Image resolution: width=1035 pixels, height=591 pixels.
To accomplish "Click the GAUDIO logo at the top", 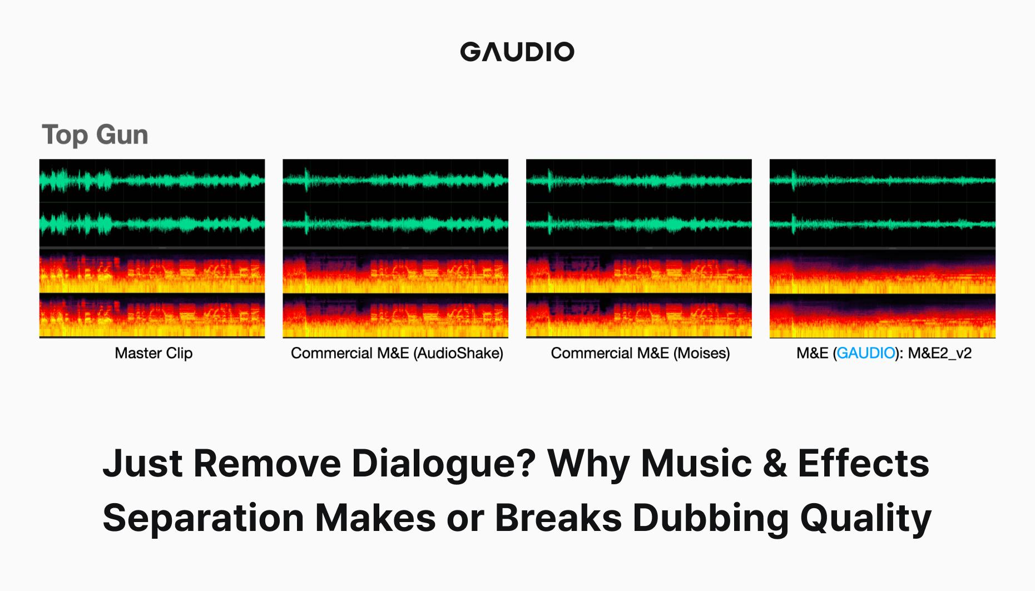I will (517, 52).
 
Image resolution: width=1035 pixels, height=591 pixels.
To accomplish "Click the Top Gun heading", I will (95, 135).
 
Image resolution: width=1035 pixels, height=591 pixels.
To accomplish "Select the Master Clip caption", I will (153, 353).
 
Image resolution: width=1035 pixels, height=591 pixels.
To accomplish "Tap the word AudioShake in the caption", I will (458, 353).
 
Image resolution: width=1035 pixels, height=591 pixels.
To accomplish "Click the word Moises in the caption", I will (701, 353).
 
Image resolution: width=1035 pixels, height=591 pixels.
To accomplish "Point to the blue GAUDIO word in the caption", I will (865, 353).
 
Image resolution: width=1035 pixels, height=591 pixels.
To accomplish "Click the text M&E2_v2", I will (939, 353).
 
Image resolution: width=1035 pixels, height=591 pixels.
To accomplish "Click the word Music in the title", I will (696, 463).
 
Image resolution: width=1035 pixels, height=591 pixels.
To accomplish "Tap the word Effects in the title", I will (863, 463).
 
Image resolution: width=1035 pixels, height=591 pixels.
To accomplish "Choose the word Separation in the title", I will (203, 518).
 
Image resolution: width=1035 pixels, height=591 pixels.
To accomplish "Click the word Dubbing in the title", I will (710, 518).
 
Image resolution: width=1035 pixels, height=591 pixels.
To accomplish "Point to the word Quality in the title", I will (865, 518).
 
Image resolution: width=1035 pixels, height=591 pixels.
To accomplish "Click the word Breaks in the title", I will (558, 518).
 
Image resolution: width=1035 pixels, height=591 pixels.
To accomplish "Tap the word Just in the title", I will (142, 463).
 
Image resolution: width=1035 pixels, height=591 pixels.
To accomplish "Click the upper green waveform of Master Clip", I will (152, 181).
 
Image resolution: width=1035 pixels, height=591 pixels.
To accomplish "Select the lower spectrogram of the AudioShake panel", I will (395, 316).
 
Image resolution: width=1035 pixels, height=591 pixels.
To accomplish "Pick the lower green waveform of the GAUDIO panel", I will (882, 224).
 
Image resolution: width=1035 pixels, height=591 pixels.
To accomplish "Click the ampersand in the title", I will (775, 463).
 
